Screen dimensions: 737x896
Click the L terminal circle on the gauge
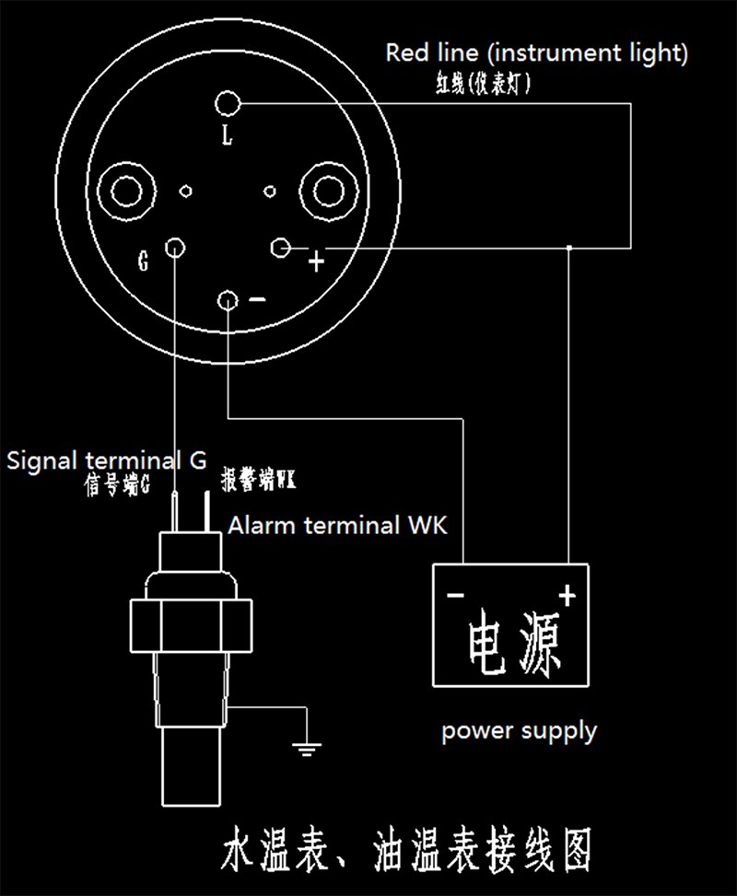pos(228,103)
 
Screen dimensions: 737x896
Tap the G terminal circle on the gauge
pos(175,248)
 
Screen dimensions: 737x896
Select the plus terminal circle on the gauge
pos(280,248)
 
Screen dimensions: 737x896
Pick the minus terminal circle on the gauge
pos(228,300)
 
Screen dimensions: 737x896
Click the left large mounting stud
pos(126,191)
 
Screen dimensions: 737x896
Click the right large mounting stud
pos(329,191)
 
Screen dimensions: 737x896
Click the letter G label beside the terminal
pos(144,261)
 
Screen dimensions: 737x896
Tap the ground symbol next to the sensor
pos(307,750)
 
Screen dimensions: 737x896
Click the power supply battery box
pos(510,625)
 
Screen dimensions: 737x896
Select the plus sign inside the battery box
pos(567,596)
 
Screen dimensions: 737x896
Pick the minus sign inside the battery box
pos(456,596)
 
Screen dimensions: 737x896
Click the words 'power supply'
pos(520,732)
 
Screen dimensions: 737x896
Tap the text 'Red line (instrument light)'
pos(537,53)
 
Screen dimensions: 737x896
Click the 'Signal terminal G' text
pos(106,460)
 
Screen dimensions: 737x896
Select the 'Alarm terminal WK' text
pos(338,525)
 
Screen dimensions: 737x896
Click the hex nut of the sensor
pos(191,625)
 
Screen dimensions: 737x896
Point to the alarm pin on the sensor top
pos(206,512)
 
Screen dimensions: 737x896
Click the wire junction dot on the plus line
pos(569,248)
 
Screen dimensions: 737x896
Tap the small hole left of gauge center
pos(186,191)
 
